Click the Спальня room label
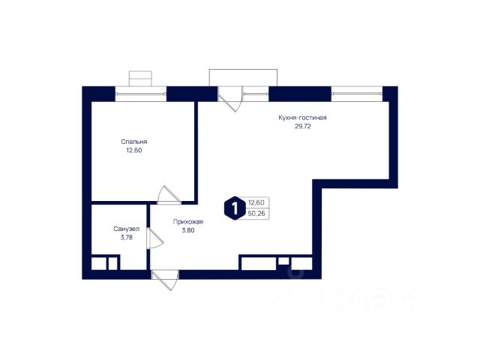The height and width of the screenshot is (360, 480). click(134, 142)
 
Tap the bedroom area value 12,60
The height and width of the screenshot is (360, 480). click(134, 150)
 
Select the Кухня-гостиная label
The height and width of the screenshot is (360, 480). click(302, 118)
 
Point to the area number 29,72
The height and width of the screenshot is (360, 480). click(302, 126)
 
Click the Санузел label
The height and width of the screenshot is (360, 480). click(127, 229)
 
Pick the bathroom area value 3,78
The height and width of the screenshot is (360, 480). click(127, 237)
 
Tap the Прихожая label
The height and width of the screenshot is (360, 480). click(188, 222)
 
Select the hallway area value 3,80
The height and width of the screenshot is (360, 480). click(188, 230)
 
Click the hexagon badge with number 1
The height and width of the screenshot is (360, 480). click(235, 208)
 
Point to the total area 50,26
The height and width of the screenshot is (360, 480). click(256, 213)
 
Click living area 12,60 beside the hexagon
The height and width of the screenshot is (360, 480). click(256, 202)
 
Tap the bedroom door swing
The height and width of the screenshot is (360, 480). click(169, 195)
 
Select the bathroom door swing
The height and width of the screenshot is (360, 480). click(155, 238)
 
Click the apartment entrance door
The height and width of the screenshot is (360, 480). click(165, 280)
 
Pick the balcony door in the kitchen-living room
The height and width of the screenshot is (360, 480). click(230, 99)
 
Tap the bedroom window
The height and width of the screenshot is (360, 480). click(141, 94)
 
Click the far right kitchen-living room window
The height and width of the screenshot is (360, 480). click(357, 94)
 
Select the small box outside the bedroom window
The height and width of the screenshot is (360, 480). click(140, 79)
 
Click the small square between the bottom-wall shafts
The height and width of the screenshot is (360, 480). click(283, 261)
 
